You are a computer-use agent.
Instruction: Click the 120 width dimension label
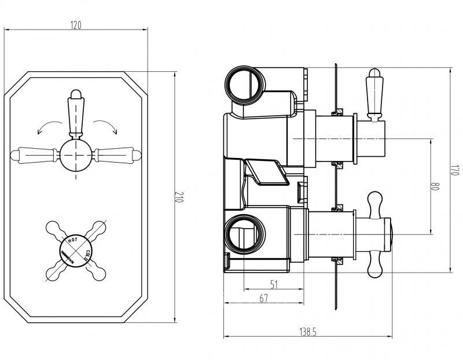pyautogui.click(x=76, y=25)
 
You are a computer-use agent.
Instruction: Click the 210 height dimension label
pyautogui.click(x=179, y=197)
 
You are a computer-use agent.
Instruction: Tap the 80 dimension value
pyautogui.click(x=436, y=187)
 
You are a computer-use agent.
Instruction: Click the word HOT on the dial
pyautogui.click(x=74, y=239)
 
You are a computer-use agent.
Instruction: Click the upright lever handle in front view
pyautogui.click(x=76, y=113)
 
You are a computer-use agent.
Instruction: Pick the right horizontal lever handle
pyautogui.click(x=118, y=154)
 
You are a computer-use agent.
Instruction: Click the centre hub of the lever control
pyautogui.click(x=76, y=154)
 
